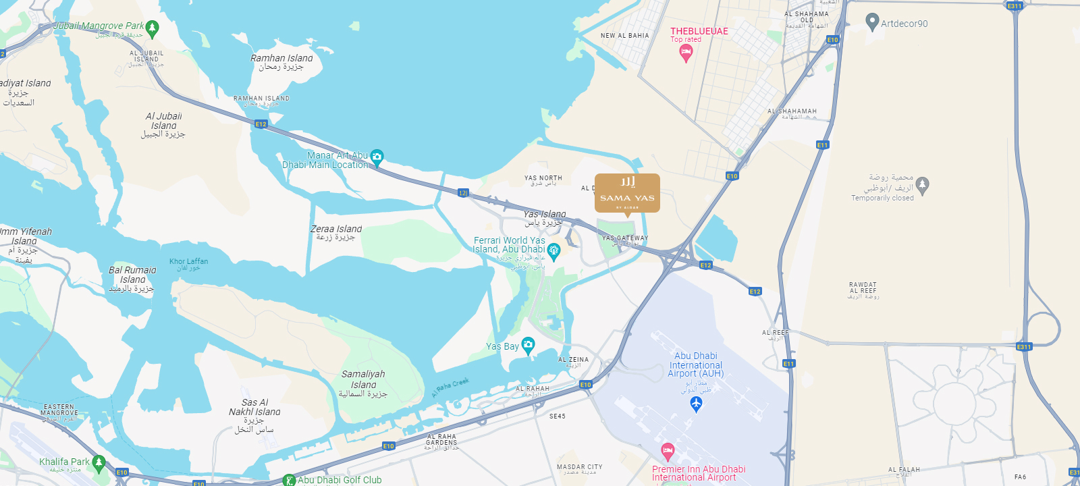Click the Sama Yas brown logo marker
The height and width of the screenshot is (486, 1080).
627,193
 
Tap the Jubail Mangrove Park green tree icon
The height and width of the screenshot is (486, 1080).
152,28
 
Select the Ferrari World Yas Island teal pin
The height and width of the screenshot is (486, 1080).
553,251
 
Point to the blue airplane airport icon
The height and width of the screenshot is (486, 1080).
697,404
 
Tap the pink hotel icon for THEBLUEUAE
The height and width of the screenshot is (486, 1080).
686,53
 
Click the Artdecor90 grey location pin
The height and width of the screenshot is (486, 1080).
872,22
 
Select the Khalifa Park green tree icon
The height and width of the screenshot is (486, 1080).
99,462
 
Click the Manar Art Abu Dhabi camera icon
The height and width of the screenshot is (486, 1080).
377,157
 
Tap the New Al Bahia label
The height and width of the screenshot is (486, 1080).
624,36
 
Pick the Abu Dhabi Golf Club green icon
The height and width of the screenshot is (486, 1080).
289,481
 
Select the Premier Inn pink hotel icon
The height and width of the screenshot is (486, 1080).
668,450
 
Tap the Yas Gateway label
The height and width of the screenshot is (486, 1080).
625,238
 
